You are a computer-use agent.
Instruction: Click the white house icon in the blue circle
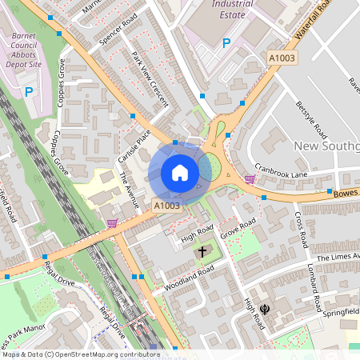coord(180,172)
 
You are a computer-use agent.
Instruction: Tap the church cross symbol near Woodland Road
coord(202,251)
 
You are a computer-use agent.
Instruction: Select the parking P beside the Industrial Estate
coord(226,42)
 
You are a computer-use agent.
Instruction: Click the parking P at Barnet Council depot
coord(29,92)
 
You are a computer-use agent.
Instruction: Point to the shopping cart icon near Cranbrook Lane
coord(250,178)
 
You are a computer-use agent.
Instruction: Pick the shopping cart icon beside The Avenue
coord(111,222)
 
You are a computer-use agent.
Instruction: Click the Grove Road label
coord(238,227)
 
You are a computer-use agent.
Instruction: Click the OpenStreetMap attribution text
coord(80,354)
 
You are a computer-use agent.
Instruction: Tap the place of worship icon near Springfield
coord(264,308)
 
